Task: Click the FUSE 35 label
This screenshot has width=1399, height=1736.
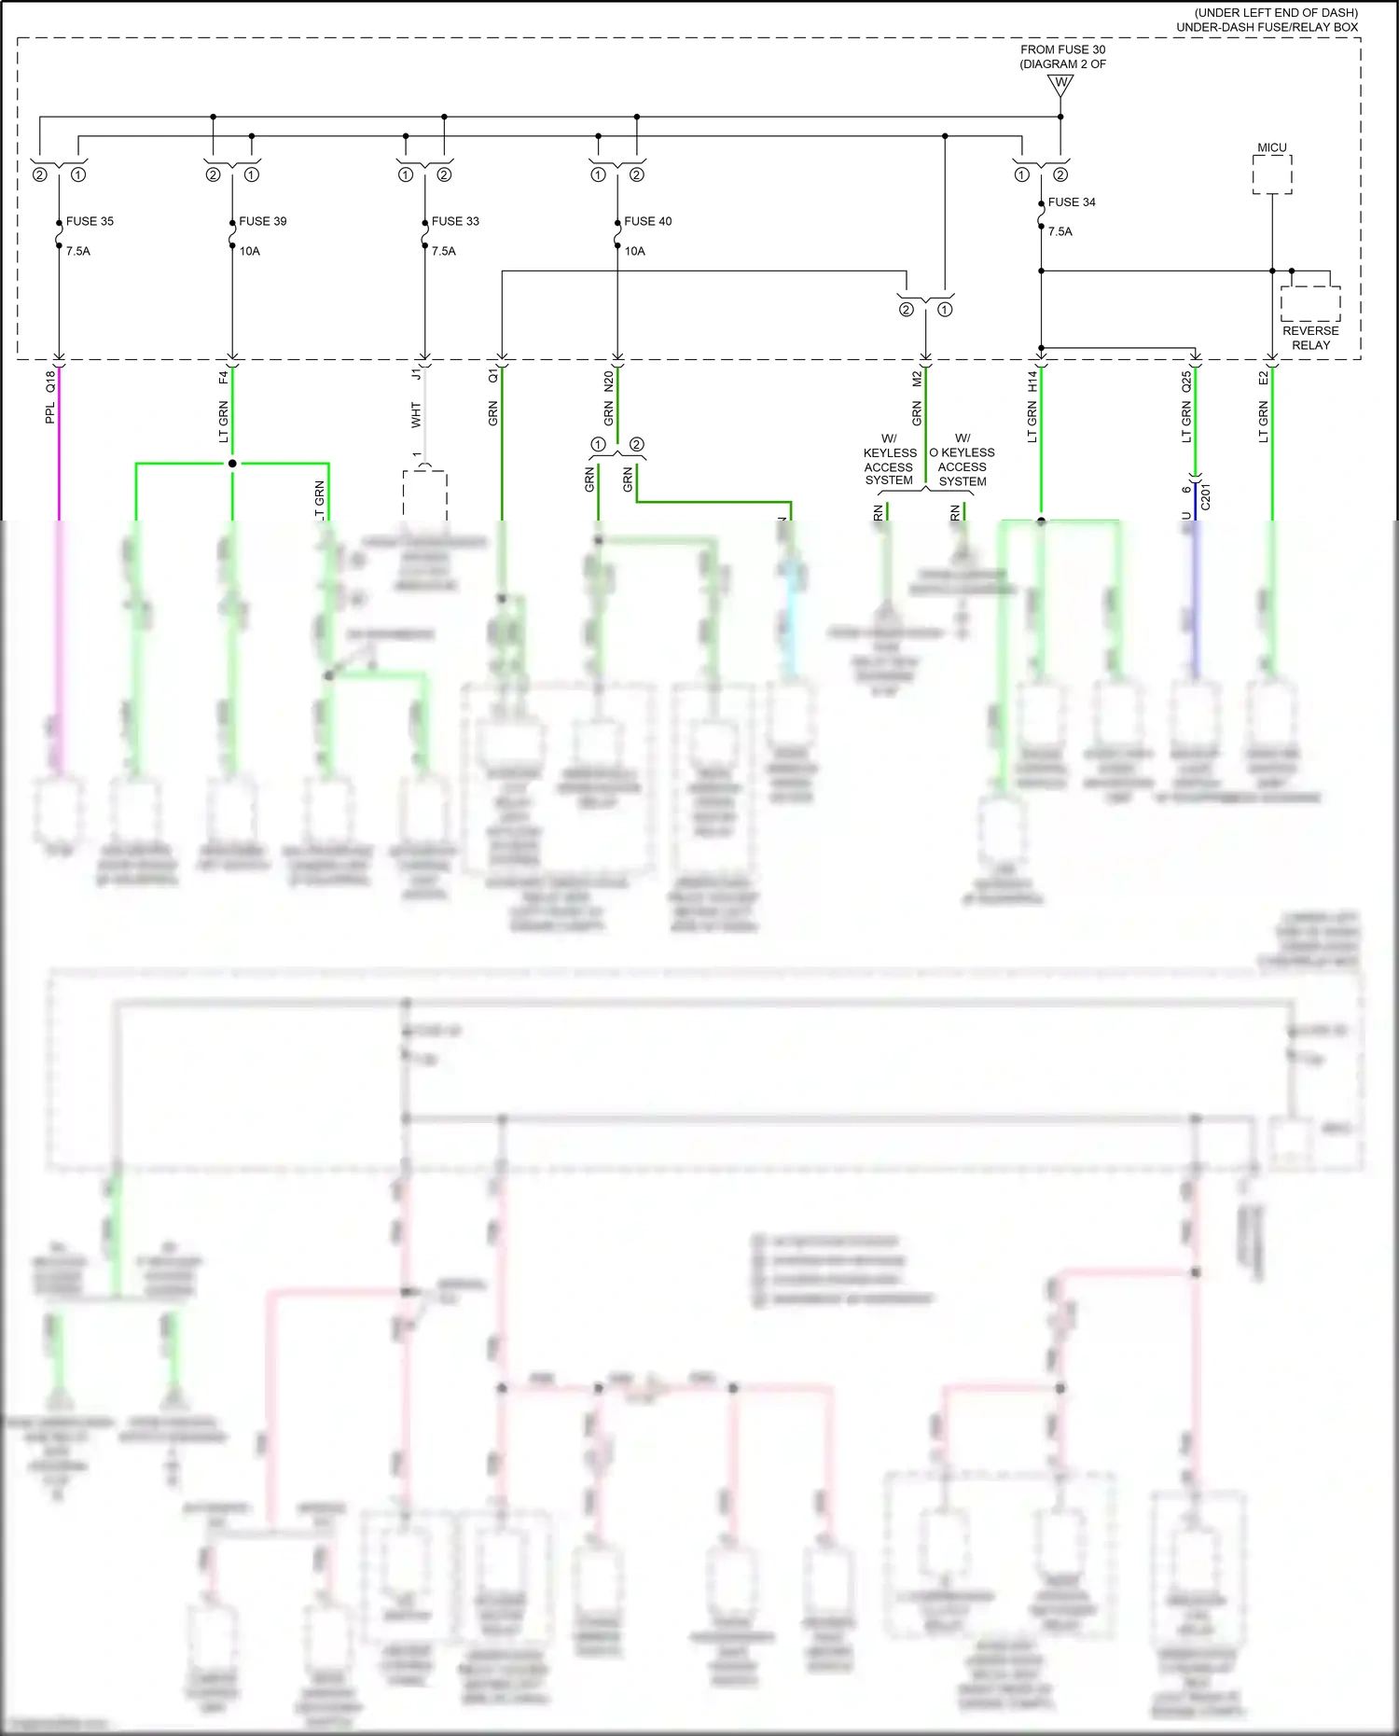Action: (x=90, y=221)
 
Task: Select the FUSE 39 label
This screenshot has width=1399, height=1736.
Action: (x=262, y=221)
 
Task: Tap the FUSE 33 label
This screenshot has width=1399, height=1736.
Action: (x=455, y=221)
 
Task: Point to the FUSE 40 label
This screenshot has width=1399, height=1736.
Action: (x=647, y=221)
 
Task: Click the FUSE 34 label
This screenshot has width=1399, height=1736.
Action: (x=1072, y=201)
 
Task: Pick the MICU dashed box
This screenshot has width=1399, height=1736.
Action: (x=1272, y=174)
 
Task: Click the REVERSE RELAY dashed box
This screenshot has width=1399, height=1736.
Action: (x=1310, y=304)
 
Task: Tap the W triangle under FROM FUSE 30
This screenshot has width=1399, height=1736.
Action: (x=1060, y=85)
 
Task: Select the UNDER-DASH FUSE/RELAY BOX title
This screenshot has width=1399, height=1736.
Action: (x=1267, y=27)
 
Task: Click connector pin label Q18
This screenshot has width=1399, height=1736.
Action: (x=50, y=381)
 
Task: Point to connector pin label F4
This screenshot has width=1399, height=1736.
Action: (x=223, y=378)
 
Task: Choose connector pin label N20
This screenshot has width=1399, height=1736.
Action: (x=608, y=381)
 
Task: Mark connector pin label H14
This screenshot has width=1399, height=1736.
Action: (x=1032, y=381)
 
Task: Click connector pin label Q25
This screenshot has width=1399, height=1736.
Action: (x=1186, y=381)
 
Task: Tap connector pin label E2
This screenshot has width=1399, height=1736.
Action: (x=1264, y=378)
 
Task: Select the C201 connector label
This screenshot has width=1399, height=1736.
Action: (x=1205, y=496)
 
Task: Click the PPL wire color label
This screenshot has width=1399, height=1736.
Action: (x=50, y=412)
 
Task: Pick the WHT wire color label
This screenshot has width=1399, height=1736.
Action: (x=416, y=415)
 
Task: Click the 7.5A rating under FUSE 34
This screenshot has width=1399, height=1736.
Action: (x=1060, y=231)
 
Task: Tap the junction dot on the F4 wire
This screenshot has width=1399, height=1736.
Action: (x=232, y=464)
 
